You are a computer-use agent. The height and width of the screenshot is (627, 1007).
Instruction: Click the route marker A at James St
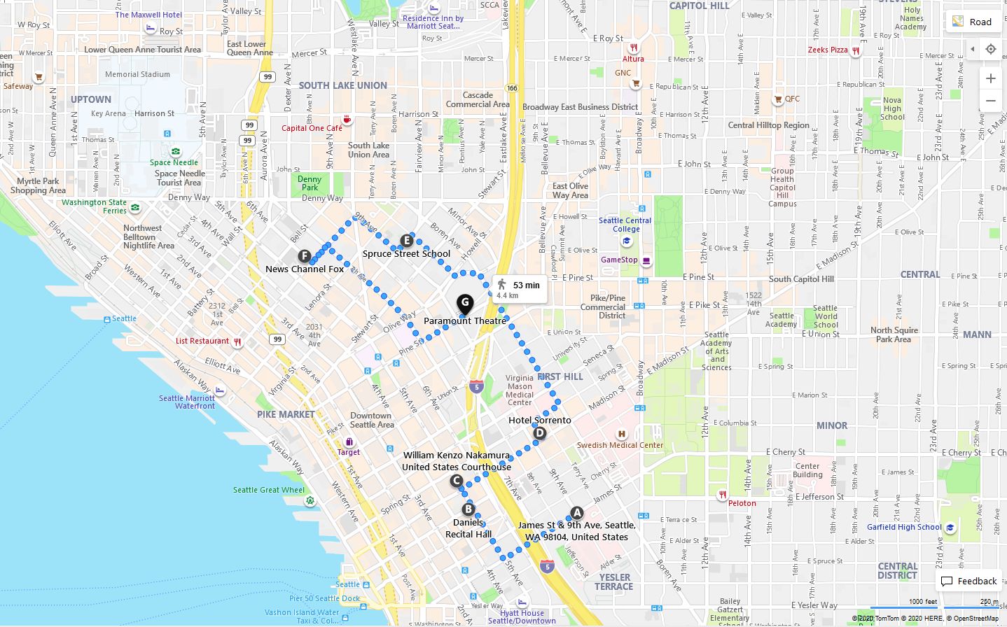coord(576,513)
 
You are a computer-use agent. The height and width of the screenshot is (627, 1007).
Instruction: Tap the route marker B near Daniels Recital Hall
coord(468,509)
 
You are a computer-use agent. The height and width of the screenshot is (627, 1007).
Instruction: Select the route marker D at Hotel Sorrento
coord(539,433)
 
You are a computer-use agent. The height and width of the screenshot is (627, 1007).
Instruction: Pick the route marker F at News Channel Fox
coord(304,256)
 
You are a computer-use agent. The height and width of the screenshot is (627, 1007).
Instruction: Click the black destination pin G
coord(465,304)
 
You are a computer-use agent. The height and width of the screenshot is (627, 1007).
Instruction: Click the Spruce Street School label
coord(406,254)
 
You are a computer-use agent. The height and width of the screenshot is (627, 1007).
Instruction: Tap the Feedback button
coord(969,582)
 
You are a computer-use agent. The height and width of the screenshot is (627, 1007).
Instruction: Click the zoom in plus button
coord(990,78)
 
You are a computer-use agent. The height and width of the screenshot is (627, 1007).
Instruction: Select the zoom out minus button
coord(990,101)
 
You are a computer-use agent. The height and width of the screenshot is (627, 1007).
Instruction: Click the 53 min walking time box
coord(520,289)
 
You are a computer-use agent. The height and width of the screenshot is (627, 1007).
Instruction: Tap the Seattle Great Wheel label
coord(269,490)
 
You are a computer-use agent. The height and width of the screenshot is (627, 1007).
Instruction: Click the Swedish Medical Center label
coord(620,445)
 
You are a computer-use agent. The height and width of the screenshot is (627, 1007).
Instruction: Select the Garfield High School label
coord(904,527)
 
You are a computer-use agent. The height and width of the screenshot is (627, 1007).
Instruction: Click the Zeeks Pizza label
coord(828,50)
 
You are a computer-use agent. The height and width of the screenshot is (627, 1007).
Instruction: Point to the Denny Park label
coord(310,183)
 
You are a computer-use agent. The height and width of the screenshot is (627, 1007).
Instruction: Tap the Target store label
coord(348,452)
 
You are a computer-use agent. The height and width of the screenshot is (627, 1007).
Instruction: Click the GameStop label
coord(619,260)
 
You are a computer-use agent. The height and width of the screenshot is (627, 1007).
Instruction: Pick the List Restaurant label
coord(202,341)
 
